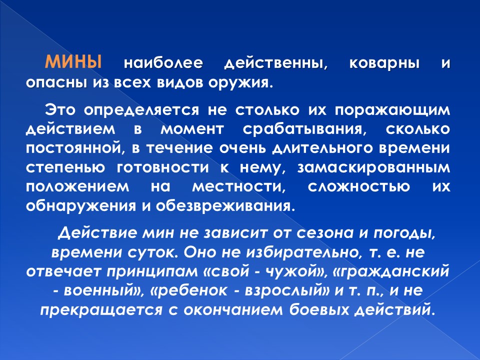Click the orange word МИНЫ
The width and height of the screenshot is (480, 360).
[73, 62]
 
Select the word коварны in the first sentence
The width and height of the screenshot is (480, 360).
[384, 63]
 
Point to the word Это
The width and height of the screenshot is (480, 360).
[60, 109]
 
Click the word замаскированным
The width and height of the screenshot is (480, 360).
[374, 168]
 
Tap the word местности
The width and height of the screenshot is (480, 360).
[239, 187]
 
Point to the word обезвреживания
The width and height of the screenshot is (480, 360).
[225, 206]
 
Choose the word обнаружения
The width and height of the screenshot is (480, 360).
[81, 206]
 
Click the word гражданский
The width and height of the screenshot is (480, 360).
[393, 272]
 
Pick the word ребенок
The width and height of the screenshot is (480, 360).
[192, 291]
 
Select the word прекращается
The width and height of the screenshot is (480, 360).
[100, 310]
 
